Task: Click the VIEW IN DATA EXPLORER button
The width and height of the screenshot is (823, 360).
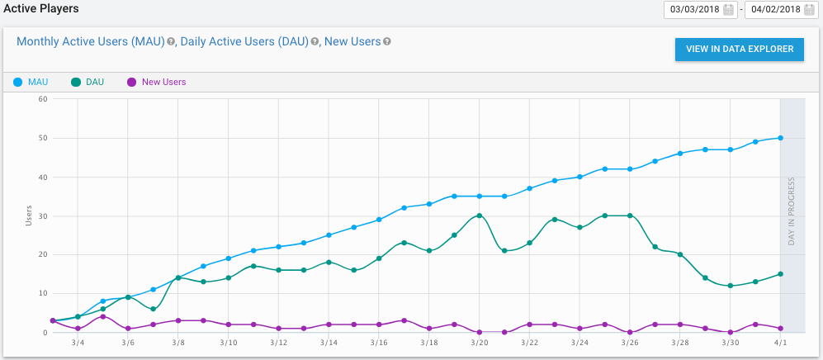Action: [739, 49]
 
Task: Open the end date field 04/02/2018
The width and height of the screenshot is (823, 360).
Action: [774, 10]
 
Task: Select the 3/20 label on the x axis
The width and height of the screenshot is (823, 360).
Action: [479, 342]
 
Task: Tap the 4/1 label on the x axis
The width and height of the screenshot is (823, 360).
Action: [781, 342]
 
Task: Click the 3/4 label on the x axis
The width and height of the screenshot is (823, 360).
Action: [78, 342]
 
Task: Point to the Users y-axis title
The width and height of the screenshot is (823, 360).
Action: [28, 216]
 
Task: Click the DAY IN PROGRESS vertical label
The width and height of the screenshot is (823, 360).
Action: [792, 211]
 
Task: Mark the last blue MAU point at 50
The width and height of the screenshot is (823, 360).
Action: [781, 138]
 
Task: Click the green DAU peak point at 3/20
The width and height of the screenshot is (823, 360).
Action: [479, 216]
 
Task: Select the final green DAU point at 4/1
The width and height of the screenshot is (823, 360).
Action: [781, 274]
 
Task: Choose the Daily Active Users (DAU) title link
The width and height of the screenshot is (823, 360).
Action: [244, 41]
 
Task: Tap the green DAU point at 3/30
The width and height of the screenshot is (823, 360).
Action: [731, 286]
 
